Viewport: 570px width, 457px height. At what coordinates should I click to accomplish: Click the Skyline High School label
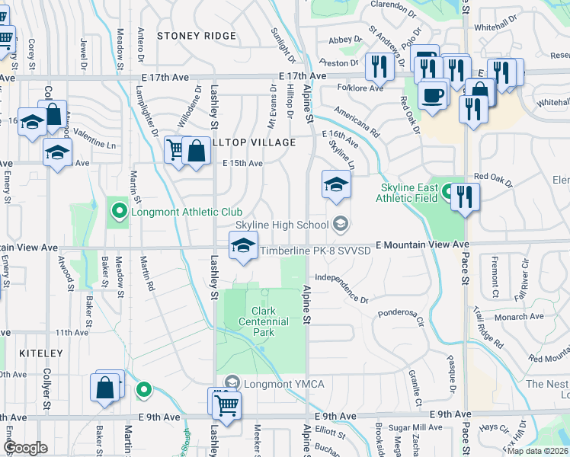(x=281, y=225)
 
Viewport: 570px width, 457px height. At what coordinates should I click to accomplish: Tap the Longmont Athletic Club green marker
(x=119, y=211)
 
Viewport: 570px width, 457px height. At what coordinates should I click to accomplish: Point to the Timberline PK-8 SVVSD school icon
(x=243, y=246)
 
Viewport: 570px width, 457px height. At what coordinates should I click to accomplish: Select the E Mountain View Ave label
(x=421, y=244)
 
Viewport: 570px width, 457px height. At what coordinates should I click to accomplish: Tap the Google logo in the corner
(x=25, y=448)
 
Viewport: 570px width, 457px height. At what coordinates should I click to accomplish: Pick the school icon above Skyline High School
(x=336, y=184)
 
